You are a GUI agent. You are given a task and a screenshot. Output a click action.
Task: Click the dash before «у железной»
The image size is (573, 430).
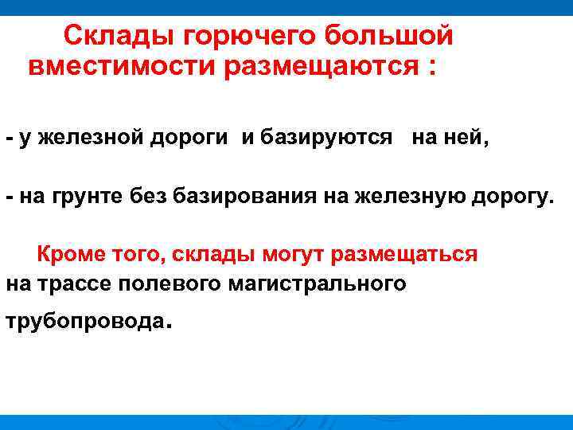(x=10, y=137)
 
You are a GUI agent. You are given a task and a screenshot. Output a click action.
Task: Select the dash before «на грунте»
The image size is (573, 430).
(x=10, y=196)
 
